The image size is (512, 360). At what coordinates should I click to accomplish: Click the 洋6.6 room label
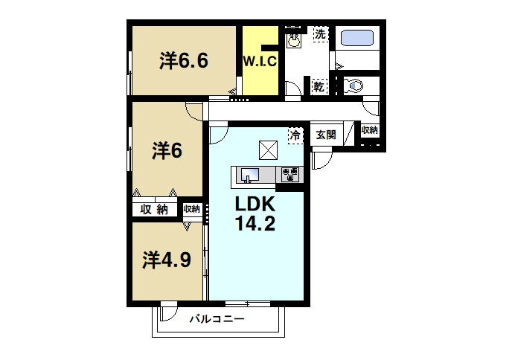pos(183,61)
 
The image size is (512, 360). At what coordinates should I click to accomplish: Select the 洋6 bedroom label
pos(167,150)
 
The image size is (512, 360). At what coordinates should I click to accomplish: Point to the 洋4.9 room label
pos(167,259)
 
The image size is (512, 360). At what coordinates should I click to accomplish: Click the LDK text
pos(256,205)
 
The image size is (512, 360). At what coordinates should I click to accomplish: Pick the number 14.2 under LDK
pos(256,224)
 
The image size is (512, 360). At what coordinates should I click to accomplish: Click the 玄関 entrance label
pos(325,135)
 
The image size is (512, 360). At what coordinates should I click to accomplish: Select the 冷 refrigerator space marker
pos(295,135)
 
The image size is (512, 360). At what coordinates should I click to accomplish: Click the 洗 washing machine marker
pos(319,34)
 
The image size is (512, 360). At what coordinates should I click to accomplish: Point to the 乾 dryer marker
pos(319,87)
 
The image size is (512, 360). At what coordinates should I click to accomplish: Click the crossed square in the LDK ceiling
pos(268,150)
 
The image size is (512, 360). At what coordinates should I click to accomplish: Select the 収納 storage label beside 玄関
pos(370,130)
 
